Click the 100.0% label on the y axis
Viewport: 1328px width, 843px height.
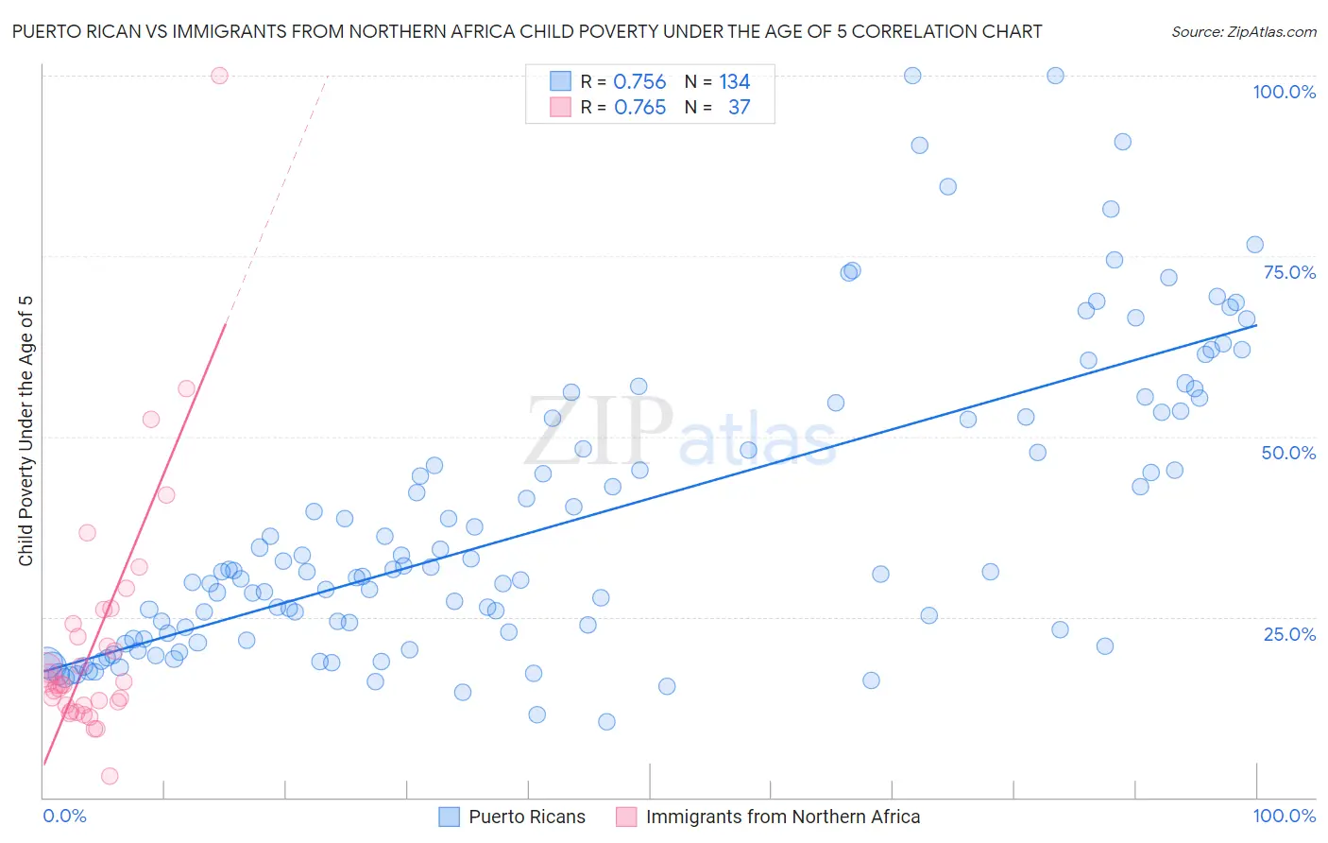click(x=1284, y=92)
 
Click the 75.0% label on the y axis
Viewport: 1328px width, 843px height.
click(x=1289, y=272)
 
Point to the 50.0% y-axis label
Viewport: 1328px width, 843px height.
click(x=1288, y=453)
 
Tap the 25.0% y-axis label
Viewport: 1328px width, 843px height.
click(x=1289, y=633)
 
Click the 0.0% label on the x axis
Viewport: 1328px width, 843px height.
click(x=64, y=816)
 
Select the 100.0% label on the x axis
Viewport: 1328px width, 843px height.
click(x=1284, y=816)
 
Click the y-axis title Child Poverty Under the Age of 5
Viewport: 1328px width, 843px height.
click(x=26, y=431)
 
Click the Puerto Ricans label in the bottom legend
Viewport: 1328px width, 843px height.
click(x=527, y=817)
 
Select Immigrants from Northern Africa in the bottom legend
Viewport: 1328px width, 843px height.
click(x=782, y=817)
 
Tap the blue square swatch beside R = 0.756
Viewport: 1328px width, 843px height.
click(x=561, y=81)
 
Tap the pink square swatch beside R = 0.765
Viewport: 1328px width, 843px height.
click(x=561, y=107)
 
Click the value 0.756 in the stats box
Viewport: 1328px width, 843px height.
click(x=639, y=82)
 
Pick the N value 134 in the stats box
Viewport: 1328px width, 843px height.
click(x=735, y=82)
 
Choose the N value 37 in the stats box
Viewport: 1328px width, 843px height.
click(x=739, y=108)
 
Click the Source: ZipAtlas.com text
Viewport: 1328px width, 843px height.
click(x=1243, y=31)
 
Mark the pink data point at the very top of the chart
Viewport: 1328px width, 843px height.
click(x=219, y=76)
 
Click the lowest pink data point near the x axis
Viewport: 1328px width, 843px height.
click(x=110, y=776)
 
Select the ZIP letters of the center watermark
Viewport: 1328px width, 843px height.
click(x=598, y=431)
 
